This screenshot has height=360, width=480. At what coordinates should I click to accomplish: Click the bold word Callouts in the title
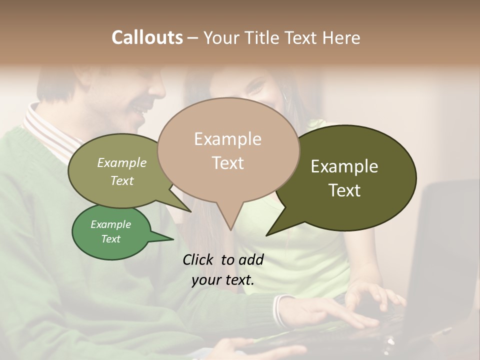point(147,37)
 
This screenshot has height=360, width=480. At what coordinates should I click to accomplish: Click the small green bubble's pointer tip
point(173,239)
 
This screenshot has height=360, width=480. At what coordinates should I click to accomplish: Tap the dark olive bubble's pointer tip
point(266,235)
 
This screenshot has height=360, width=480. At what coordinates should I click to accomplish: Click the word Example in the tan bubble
point(227,139)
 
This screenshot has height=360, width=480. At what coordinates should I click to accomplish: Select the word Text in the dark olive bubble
point(344,190)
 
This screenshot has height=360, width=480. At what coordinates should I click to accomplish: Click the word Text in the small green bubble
point(111,239)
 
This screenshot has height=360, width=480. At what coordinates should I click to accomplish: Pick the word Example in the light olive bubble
point(121,162)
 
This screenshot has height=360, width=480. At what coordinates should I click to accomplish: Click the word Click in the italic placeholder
point(198,259)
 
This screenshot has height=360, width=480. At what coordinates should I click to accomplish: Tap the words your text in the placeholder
point(223,280)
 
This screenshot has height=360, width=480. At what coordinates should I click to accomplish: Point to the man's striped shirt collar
point(47,130)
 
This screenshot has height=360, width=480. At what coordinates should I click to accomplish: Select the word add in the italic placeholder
point(251,259)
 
